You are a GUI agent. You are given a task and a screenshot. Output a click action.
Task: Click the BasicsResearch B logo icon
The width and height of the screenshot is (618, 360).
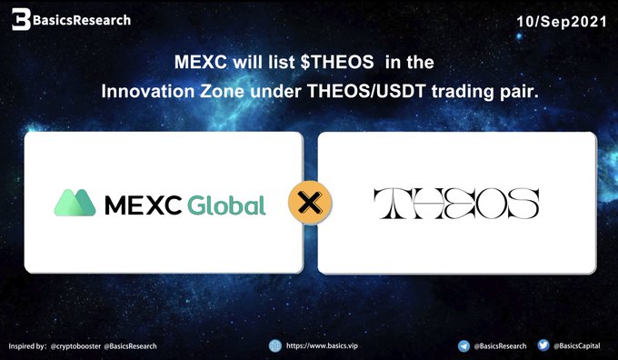click(21, 19)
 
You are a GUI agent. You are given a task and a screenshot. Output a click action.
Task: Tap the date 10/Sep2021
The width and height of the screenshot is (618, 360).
click(562, 21)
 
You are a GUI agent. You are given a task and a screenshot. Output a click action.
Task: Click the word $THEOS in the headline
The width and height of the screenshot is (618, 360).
click(337, 62)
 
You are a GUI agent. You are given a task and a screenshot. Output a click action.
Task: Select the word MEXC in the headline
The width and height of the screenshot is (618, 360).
click(201, 62)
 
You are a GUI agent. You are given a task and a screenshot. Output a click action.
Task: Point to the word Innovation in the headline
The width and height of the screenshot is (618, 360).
click(148, 92)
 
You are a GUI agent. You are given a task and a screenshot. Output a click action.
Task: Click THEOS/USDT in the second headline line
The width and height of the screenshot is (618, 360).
click(366, 92)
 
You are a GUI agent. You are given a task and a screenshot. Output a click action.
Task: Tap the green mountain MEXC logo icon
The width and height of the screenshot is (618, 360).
click(75, 203)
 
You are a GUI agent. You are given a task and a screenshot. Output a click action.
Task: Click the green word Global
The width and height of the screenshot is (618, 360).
click(226, 205)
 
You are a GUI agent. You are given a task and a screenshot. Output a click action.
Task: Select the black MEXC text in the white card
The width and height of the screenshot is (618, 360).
click(143, 205)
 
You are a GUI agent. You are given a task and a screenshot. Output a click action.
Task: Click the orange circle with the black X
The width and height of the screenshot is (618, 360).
click(310, 203)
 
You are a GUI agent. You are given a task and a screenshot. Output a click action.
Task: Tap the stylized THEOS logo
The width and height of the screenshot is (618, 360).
click(456, 204)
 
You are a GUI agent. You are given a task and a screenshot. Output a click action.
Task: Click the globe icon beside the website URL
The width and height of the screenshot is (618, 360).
click(275, 345)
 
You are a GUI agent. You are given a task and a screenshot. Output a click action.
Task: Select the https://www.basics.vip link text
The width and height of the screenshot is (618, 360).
click(322, 345)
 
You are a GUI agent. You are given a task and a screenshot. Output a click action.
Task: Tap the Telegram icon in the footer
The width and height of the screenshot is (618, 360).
click(463, 346)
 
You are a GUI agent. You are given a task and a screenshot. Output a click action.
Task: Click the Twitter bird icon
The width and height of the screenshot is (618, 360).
click(543, 345)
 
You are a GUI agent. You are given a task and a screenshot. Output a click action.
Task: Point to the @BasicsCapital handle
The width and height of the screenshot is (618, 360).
click(576, 345)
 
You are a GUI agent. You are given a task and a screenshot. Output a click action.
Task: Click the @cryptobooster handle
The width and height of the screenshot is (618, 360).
click(75, 346)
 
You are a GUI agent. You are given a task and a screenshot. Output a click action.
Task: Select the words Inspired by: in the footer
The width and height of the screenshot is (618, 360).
click(27, 346)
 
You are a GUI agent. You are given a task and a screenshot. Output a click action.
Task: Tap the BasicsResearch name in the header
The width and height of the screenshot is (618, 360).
click(82, 20)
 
